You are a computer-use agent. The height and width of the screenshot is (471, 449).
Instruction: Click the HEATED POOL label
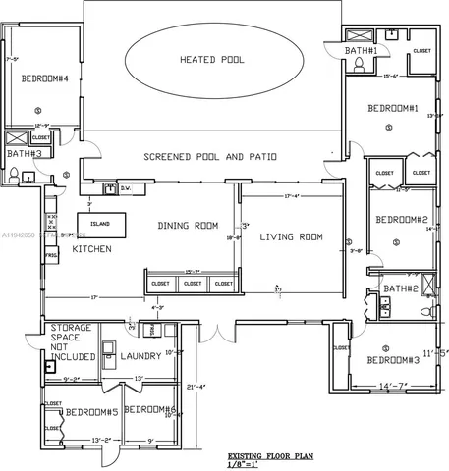click(x=211, y=60)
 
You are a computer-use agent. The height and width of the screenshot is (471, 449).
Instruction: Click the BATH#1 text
click(x=362, y=50)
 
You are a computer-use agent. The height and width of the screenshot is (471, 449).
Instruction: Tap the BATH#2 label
click(x=402, y=288)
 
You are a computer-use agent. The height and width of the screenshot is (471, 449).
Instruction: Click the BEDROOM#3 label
click(x=393, y=360)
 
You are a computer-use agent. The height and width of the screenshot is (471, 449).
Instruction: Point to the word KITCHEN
click(x=91, y=249)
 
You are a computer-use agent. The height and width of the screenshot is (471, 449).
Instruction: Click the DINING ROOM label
click(x=187, y=226)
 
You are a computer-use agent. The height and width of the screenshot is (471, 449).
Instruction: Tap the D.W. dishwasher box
click(x=126, y=186)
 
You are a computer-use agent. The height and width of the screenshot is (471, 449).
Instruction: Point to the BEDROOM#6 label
click(x=150, y=410)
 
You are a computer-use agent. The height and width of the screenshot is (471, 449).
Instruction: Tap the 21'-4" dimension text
click(x=196, y=387)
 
